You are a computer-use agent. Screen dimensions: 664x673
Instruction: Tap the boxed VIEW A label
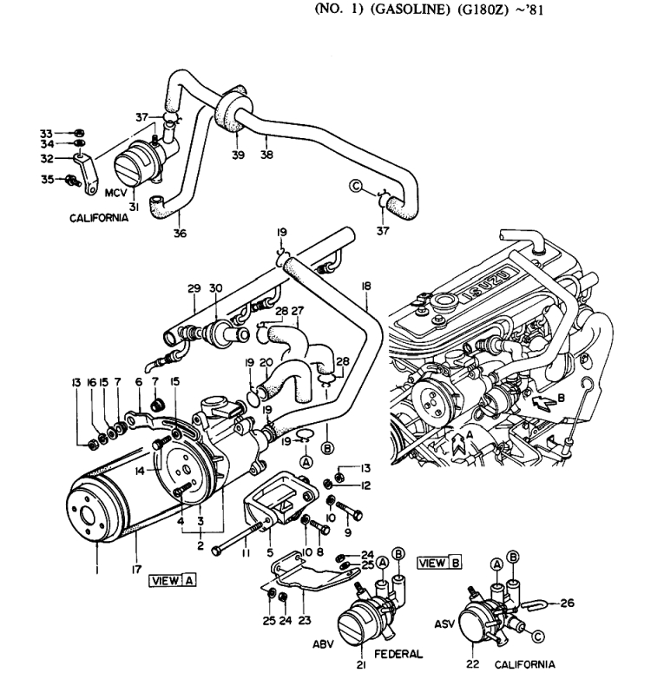173,581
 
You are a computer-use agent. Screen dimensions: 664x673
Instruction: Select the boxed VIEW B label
440,563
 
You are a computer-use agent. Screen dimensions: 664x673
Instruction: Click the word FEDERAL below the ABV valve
398,654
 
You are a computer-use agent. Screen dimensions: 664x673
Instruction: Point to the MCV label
115,193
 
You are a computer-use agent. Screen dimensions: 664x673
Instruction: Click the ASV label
444,624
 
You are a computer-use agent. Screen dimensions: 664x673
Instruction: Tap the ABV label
323,644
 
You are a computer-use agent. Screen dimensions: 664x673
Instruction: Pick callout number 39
238,155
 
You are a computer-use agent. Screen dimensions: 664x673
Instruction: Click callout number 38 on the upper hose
266,154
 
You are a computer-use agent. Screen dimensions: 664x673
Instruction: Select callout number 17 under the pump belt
136,570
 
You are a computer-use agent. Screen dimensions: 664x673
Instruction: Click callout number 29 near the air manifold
194,288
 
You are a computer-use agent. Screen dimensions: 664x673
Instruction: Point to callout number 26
567,603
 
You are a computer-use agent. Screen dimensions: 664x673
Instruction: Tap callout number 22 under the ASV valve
472,664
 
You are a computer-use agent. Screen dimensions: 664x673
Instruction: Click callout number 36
181,234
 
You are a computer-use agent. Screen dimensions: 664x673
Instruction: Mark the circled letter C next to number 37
356,187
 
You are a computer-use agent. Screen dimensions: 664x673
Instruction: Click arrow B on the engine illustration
542,402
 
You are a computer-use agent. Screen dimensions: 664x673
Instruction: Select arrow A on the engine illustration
458,444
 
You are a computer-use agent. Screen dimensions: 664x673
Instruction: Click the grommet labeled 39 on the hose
232,110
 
